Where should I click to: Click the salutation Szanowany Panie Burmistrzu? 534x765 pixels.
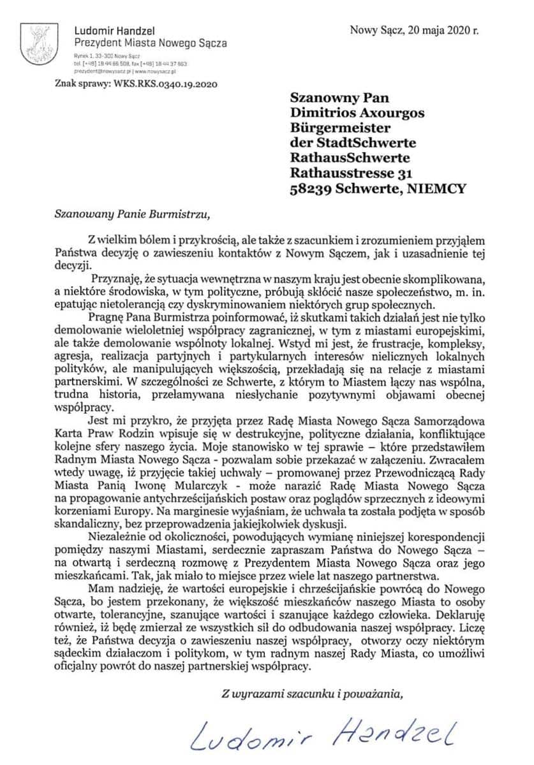131,214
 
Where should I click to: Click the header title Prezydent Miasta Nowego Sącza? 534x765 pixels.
151,43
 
